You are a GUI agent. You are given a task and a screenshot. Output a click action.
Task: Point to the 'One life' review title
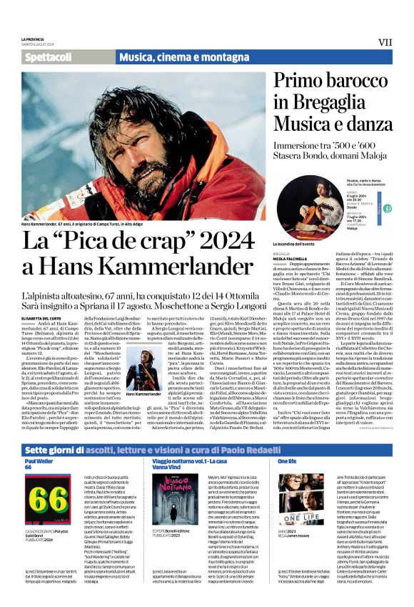[287, 461]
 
